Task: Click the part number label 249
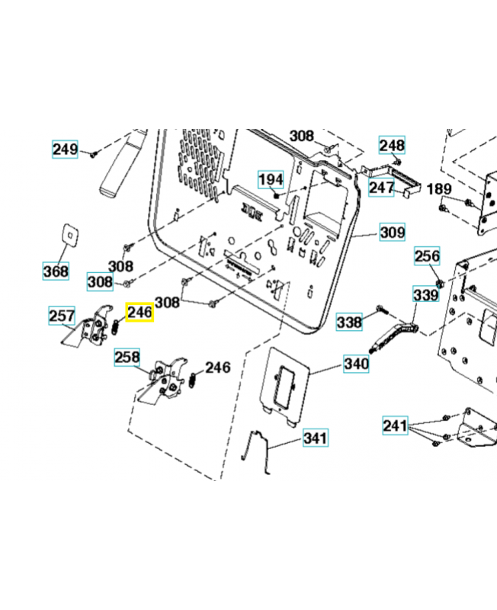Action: tap(65, 149)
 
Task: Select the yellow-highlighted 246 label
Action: tap(139, 313)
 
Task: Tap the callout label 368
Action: tap(56, 271)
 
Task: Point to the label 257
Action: tap(62, 316)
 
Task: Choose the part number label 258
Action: tap(127, 357)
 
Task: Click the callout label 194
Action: tap(270, 180)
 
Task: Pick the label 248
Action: tap(392, 146)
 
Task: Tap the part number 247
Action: tap(382, 187)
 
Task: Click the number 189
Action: tap(439, 189)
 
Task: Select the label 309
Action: tap(393, 233)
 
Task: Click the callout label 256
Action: tap(427, 257)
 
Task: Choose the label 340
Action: tap(356, 364)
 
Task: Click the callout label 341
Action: tap(316, 438)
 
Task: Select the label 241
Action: tap(396, 425)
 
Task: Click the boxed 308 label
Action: tap(99, 282)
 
